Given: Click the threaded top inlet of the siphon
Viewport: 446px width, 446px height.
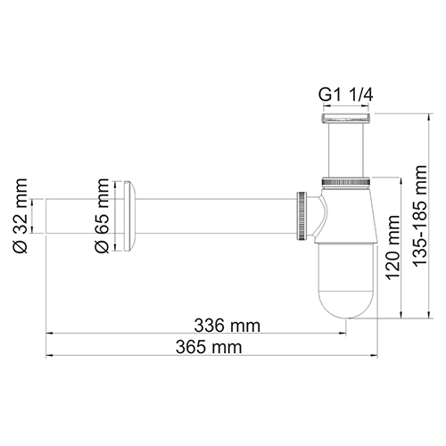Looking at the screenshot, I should tap(343, 117).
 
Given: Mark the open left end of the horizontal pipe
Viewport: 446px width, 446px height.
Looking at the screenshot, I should tap(46, 216).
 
